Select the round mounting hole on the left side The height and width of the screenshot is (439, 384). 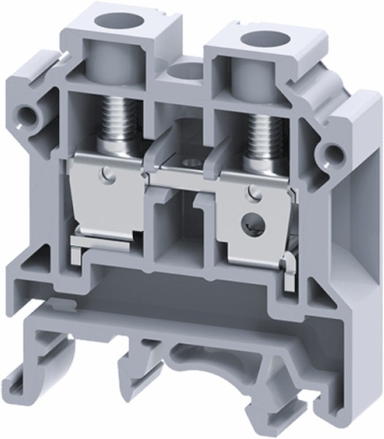coord(29,114)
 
